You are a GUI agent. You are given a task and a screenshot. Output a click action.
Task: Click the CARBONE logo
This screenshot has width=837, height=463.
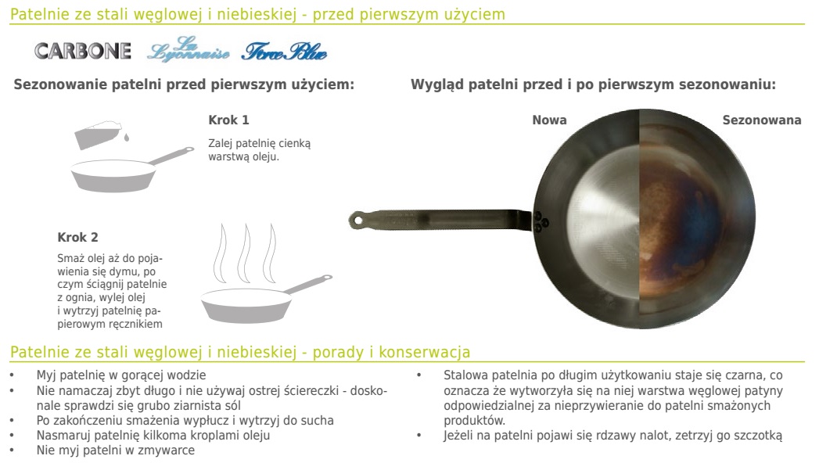pos(83,51)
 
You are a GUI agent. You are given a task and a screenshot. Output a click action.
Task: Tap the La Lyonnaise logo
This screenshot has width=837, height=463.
pos(188,49)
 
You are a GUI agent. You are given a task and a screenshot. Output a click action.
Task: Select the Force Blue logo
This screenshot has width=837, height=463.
pos(284,51)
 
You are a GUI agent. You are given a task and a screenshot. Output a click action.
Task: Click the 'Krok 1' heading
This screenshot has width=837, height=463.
pos(228,120)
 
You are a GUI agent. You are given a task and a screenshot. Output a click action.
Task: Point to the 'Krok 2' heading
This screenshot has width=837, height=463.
pos(78,238)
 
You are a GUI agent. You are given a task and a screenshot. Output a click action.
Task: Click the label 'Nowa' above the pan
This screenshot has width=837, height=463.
pos(549,120)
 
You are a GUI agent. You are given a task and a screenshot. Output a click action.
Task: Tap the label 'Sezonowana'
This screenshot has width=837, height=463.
pos(762,120)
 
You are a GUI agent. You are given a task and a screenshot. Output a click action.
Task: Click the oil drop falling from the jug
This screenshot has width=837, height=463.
pos(126,138)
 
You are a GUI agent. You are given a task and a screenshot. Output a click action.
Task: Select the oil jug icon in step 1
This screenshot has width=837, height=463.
pos(98,135)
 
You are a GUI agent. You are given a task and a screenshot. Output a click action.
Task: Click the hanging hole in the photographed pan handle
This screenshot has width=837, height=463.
pos(357,219)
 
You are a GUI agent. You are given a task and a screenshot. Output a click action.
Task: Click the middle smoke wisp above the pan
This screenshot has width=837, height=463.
pos(245,253)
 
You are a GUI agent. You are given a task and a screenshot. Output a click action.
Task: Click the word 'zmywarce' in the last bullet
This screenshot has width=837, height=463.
pos(168,450)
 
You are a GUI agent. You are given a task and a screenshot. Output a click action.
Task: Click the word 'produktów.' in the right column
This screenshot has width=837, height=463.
pos(475,420)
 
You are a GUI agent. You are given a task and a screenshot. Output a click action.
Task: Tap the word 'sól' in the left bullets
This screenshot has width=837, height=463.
pos(232,405)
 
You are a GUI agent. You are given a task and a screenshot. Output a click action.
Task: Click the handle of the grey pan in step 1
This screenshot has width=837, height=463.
pos(171,155)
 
